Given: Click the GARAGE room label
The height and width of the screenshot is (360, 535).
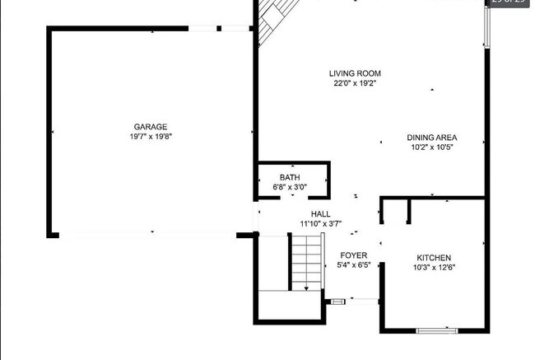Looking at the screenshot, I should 151,127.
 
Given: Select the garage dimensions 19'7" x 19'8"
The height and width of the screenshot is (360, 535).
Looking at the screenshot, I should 151,137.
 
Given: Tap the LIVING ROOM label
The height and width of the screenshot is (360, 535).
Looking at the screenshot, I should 356,73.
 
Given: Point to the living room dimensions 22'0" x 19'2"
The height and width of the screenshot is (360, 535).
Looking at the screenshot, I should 356,83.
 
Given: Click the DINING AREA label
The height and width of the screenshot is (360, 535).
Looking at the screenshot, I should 432,138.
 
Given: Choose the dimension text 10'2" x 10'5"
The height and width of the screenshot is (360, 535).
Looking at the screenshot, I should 432,147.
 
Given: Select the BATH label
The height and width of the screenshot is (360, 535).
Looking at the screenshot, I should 290,177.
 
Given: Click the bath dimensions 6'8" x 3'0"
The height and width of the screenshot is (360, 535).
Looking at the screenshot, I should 290,187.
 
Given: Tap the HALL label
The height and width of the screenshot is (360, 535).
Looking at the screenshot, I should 321,213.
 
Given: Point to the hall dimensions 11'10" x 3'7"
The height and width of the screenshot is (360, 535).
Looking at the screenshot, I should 321,223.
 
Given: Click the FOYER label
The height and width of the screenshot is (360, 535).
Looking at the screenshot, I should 354,255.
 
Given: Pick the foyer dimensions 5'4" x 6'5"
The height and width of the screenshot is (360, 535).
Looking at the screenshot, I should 354,265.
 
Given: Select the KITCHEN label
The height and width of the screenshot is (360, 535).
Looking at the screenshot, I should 434,258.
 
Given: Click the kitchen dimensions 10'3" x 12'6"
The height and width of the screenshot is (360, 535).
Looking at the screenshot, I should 434,268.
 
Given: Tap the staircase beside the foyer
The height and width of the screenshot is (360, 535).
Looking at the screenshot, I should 305,261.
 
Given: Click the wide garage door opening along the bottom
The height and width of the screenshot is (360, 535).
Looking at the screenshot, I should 148,235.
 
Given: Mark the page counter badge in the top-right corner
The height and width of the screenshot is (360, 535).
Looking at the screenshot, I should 508,3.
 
